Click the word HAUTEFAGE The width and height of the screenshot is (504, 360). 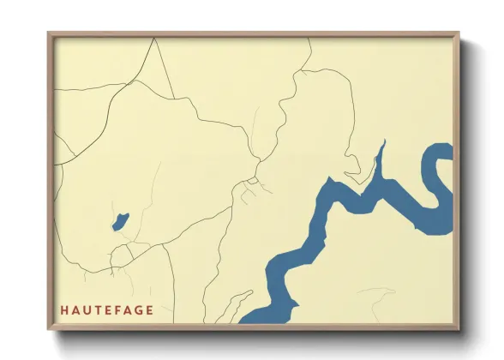[106, 310]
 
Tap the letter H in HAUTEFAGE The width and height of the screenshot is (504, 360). [64, 310]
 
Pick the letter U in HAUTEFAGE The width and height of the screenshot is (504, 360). [85, 310]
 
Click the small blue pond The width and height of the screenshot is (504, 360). [120, 221]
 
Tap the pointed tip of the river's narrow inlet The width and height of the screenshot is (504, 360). [382, 143]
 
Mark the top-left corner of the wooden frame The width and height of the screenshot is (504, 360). [49, 33]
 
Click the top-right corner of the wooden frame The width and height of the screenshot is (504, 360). [459, 33]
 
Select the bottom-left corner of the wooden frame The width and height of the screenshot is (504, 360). [49, 330]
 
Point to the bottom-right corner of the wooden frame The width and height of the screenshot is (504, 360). [459, 330]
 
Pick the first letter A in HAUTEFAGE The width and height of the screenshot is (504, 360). [75, 310]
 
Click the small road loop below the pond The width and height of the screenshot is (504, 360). [121, 254]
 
